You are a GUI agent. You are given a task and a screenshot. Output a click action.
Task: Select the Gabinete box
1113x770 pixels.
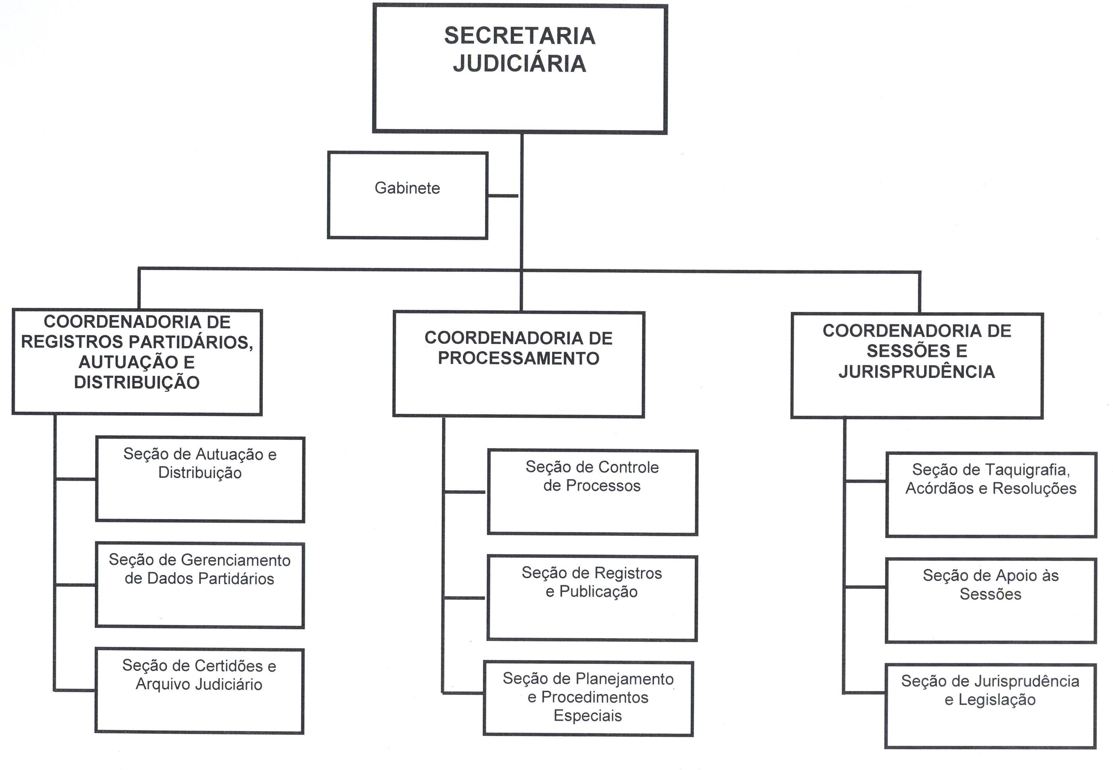coord(407,195)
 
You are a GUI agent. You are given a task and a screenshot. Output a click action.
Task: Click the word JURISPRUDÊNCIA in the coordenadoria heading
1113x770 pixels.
coord(917,372)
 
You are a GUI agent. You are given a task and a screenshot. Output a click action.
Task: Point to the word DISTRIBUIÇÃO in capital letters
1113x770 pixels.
coord(137,383)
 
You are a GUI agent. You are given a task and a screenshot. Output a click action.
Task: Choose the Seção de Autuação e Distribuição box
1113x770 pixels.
coord(200,479)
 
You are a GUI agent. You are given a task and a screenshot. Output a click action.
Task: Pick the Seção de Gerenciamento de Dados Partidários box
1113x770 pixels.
coord(200,585)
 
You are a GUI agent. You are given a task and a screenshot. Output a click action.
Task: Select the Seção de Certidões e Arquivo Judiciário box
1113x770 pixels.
coord(199,690)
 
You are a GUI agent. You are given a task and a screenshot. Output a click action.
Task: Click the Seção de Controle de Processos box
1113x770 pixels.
coord(592,492)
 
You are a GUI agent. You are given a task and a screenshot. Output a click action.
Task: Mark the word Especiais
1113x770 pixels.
coord(587,715)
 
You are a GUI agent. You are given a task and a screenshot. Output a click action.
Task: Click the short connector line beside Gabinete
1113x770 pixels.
coord(503,196)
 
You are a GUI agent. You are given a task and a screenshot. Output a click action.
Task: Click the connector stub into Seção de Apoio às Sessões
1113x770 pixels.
coord(865,587)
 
